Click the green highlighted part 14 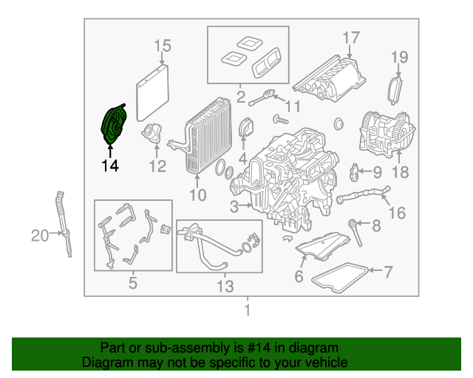[x=114, y=125]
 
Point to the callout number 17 [x=350, y=38]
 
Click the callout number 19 [x=399, y=57]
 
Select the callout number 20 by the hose [x=39, y=236]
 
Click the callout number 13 [x=224, y=286]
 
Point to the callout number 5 [x=132, y=282]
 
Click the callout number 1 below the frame [x=248, y=310]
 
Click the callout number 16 [x=397, y=213]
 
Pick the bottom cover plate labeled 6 [x=324, y=247]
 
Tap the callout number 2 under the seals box [x=240, y=95]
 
